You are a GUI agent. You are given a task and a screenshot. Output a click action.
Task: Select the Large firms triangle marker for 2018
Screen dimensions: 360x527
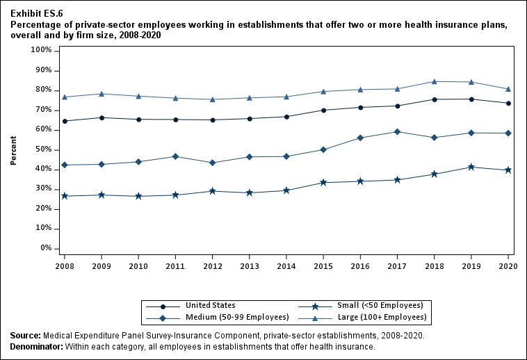(434, 81)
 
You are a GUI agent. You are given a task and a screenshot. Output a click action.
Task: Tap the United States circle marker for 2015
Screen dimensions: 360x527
(323, 110)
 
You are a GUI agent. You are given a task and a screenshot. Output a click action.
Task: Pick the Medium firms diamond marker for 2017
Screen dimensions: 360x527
(397, 131)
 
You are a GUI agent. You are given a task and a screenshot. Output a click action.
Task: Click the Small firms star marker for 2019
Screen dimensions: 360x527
(471, 167)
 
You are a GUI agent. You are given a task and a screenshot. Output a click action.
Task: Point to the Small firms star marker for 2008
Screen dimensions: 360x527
(65, 196)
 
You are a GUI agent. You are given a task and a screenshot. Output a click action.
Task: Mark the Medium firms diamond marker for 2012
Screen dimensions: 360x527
(212, 163)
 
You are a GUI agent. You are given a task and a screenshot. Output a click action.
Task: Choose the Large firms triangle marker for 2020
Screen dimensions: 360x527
(508, 89)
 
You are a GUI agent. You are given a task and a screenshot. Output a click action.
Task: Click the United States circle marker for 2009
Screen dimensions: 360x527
(102, 117)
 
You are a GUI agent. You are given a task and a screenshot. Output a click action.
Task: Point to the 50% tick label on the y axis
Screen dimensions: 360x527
(43, 149)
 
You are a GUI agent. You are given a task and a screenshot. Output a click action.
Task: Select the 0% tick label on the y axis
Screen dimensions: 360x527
(46, 248)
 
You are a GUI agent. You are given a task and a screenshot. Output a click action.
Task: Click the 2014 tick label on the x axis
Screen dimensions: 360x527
(286, 265)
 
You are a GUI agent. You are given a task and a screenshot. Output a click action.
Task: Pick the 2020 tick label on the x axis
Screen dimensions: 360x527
(508, 265)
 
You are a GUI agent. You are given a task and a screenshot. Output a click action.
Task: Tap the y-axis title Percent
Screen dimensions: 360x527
(13, 150)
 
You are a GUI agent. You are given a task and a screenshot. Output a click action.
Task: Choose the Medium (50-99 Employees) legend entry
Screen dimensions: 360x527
(237, 317)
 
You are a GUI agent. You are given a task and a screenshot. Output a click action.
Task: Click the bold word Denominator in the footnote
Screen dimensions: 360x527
(36, 346)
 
